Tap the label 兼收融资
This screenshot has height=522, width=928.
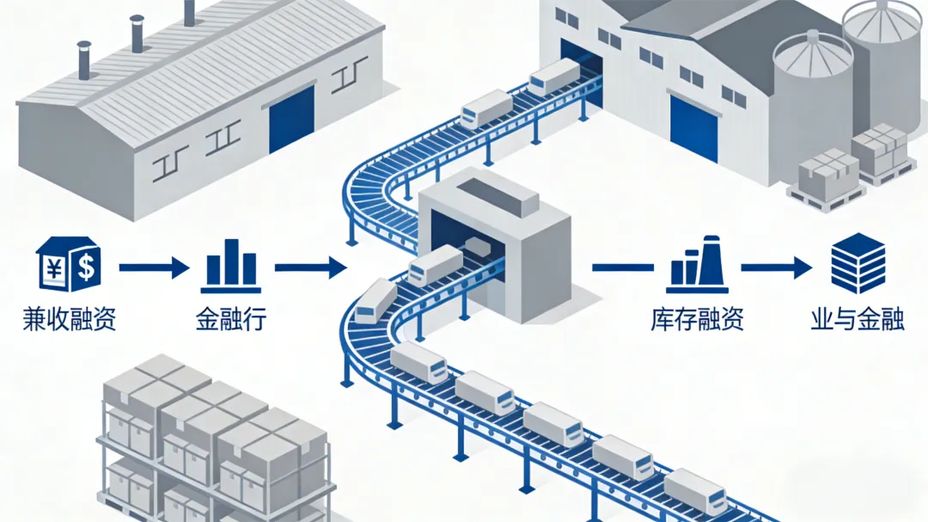(x=69, y=320)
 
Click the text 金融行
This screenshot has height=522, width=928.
(x=230, y=320)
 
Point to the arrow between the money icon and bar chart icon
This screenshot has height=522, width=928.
(x=153, y=268)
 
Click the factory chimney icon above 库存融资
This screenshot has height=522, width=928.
(x=697, y=265)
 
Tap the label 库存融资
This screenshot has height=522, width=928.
(x=697, y=320)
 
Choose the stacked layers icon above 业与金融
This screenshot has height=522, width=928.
(x=858, y=263)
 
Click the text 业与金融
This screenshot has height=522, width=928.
(x=858, y=320)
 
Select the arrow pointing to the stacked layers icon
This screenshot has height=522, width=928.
(x=777, y=268)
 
